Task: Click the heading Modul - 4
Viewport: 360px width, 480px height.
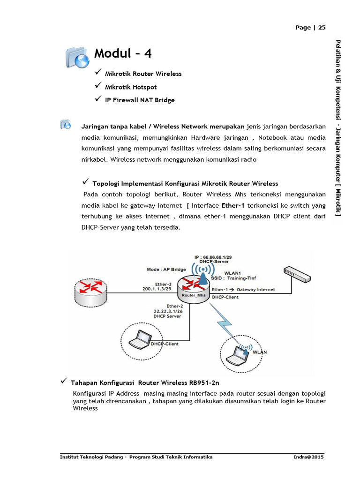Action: click(x=123, y=53)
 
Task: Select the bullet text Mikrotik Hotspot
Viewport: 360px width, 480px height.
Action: click(x=131, y=87)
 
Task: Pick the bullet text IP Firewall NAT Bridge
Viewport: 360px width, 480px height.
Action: click(x=140, y=100)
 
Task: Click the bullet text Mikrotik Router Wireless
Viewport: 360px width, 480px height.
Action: click(x=143, y=74)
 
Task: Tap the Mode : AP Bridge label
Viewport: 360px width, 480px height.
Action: click(x=166, y=270)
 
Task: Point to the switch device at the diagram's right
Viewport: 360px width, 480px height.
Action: click(x=297, y=274)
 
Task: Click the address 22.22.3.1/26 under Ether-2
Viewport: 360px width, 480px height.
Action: click(x=167, y=310)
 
